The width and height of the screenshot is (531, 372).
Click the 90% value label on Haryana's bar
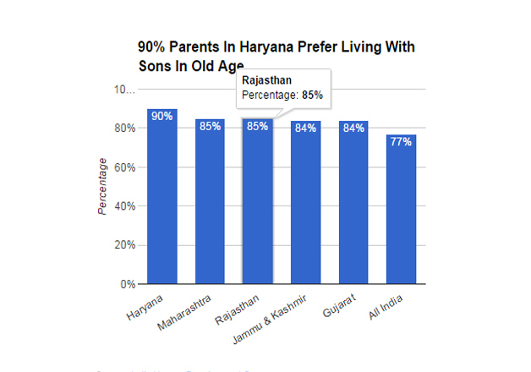161,115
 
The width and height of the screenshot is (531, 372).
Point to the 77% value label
401,141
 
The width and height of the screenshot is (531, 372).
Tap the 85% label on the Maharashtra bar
210,126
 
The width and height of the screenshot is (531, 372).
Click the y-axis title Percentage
101,186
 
